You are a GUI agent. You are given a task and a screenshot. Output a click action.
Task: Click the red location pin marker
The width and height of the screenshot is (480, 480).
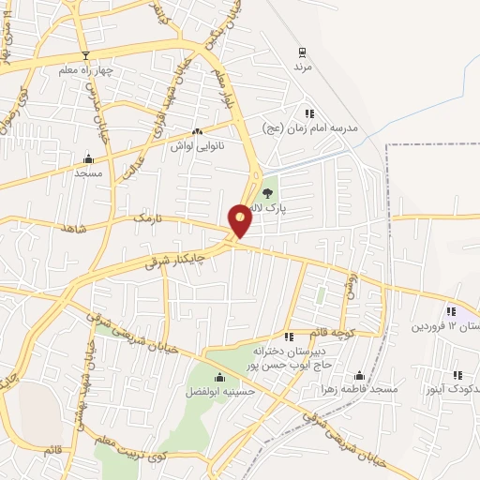[x=241, y=219]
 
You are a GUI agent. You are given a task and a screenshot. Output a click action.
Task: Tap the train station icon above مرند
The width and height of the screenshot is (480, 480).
[x=302, y=52]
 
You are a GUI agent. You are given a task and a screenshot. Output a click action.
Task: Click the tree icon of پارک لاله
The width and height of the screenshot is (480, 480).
[x=268, y=193]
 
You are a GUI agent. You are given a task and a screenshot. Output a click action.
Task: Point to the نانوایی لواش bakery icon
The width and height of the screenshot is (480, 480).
[x=197, y=132]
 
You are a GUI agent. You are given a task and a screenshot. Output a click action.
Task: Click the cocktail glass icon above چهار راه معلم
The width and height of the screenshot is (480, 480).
[x=86, y=54]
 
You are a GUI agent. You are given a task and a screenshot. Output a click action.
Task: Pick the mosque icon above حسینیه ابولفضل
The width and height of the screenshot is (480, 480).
[x=220, y=378]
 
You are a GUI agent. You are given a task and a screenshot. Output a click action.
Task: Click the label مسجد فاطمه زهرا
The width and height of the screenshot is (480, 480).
[x=359, y=388]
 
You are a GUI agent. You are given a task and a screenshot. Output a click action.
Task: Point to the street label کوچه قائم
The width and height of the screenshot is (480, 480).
[x=334, y=334]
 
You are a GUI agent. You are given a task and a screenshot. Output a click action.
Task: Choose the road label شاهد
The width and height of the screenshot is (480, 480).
[x=73, y=228]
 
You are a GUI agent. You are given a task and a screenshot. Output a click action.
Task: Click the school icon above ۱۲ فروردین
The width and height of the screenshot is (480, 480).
[x=451, y=312]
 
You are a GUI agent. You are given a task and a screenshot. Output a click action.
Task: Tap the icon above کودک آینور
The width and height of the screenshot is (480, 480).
[x=457, y=375]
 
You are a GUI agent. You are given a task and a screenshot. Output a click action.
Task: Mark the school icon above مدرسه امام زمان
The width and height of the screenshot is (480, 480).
[x=309, y=113]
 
